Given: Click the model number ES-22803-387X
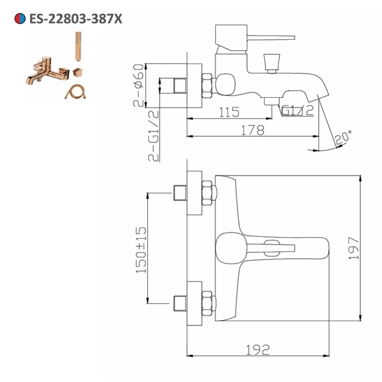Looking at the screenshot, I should pyautogui.click(x=76, y=18).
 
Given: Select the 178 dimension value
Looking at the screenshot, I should pyautogui.click(x=252, y=130).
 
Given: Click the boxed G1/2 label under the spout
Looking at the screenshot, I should pyautogui.click(x=298, y=110).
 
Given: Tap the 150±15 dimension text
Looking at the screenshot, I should pyautogui.click(x=142, y=250).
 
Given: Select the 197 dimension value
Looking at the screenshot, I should pyautogui.click(x=353, y=248).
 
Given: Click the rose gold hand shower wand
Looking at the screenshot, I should pyautogui.click(x=78, y=46).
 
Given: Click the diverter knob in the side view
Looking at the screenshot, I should pyautogui.click(x=272, y=62).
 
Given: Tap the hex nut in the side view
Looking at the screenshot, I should pyautogui.click(x=207, y=85).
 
